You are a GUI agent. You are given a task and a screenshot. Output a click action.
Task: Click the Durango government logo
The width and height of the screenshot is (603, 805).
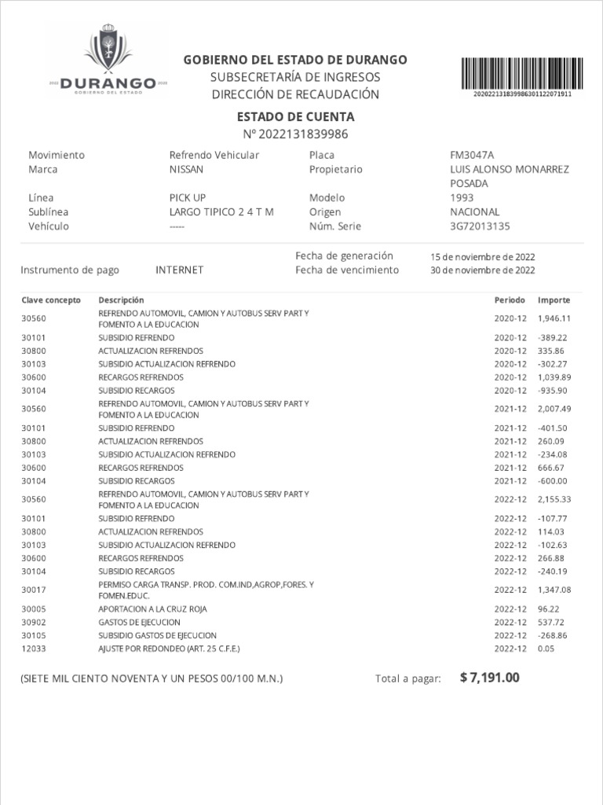coord(108,62)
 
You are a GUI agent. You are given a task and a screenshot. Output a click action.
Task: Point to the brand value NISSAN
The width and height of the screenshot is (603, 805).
coord(186,169)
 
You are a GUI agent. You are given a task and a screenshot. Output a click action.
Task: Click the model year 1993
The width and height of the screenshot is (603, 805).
coord(462,198)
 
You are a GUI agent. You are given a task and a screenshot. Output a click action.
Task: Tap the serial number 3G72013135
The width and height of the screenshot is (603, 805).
coord(480,226)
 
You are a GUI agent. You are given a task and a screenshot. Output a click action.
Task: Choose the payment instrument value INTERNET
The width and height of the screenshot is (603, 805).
coord(180,270)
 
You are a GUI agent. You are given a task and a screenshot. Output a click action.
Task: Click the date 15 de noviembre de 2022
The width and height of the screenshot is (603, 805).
coord(483,257)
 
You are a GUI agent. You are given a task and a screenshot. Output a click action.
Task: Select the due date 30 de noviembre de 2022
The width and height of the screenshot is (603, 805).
coord(483,270)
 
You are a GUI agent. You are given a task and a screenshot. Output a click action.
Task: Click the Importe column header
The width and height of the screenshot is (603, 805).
coord(554,300)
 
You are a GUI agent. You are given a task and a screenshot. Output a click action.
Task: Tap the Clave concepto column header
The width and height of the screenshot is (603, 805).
coord(51,300)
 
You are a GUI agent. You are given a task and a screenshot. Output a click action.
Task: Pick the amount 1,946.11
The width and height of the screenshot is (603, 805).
coord(554,318)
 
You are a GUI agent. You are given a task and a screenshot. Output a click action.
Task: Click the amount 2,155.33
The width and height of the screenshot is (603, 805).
coord(554,500)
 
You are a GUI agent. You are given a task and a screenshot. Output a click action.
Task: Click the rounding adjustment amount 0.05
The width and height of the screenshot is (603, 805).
coord(546,649)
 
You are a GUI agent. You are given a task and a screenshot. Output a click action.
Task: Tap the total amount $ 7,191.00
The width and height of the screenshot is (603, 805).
coord(490,678)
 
